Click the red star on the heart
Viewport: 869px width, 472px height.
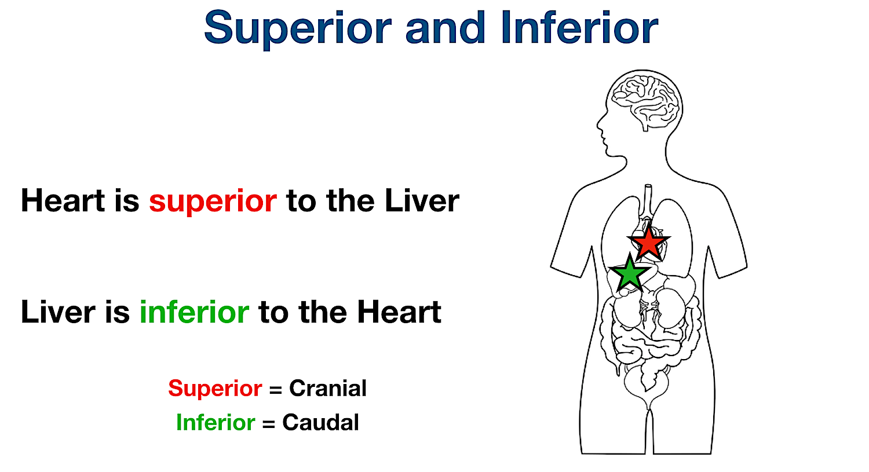click(648, 243)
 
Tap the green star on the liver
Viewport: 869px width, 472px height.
click(629, 273)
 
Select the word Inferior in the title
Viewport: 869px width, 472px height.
click(579, 28)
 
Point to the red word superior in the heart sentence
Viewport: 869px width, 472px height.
click(213, 202)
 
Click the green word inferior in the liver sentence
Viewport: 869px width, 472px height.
click(194, 312)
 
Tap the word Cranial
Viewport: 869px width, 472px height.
click(328, 388)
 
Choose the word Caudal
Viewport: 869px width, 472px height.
click(320, 423)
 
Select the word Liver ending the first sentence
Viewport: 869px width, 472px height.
click(422, 201)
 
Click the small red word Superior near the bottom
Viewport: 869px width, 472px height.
click(215, 388)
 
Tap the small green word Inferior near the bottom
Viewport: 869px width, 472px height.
click(215, 423)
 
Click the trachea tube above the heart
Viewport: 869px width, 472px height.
click(648, 200)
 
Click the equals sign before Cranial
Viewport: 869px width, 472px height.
click(276, 390)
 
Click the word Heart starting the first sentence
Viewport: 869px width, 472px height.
click(63, 201)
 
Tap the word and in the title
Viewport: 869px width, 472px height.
click(444, 28)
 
